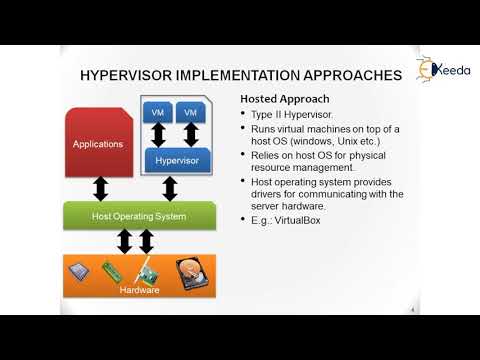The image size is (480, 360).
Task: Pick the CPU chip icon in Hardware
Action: (79, 270)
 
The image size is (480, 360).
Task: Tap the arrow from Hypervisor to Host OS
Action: (170, 188)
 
